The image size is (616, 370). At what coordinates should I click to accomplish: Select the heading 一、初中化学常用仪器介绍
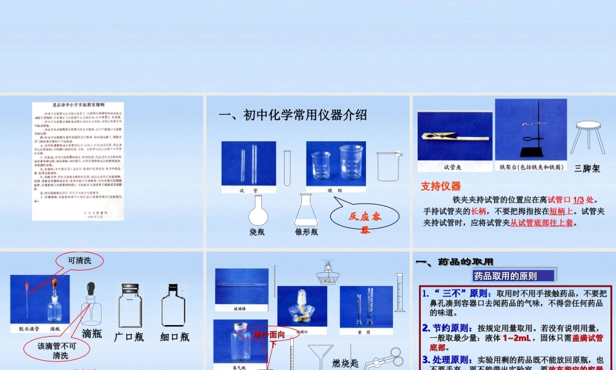click(x=293, y=115)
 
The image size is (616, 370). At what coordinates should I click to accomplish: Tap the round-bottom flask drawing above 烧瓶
click(x=259, y=212)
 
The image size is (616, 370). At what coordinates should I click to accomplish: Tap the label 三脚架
click(x=586, y=168)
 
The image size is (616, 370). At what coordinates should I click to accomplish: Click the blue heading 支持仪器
click(x=440, y=186)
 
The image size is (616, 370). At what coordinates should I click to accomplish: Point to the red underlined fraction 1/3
click(x=578, y=200)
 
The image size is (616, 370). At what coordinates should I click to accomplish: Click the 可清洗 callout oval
click(x=79, y=261)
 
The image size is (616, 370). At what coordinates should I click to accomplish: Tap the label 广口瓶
click(x=129, y=337)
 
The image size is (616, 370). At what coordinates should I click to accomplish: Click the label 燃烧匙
click(x=345, y=363)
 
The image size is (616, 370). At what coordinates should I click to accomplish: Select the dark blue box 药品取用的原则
click(x=514, y=276)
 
